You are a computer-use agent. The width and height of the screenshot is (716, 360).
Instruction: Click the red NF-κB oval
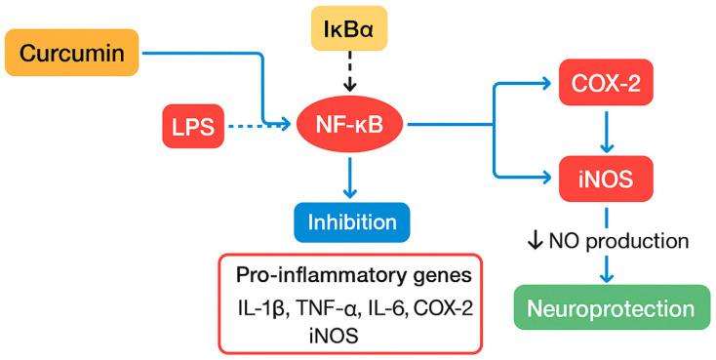[x=348, y=125]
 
